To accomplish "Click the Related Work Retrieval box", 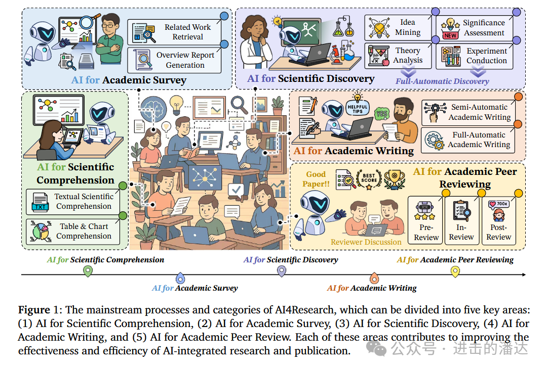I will pos(175,32).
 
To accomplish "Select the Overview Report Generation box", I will pos(175,60).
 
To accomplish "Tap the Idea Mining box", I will pos(398,28).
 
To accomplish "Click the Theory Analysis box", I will pos(398,56).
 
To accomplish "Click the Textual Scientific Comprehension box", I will pos(73,202).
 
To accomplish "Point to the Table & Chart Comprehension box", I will pos(73,231).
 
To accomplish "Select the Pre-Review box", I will pos(426,221).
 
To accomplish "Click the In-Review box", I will pos(461,221).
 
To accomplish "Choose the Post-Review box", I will pos(499,221).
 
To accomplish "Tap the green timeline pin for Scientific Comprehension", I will pos(88,271).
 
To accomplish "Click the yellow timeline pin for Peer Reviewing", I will pos(455,271).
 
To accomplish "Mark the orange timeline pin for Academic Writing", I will pos(374,278).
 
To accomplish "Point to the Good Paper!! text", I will pos(318,179).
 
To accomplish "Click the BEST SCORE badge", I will pos(369,178).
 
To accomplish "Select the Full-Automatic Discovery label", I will pos(442,81).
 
